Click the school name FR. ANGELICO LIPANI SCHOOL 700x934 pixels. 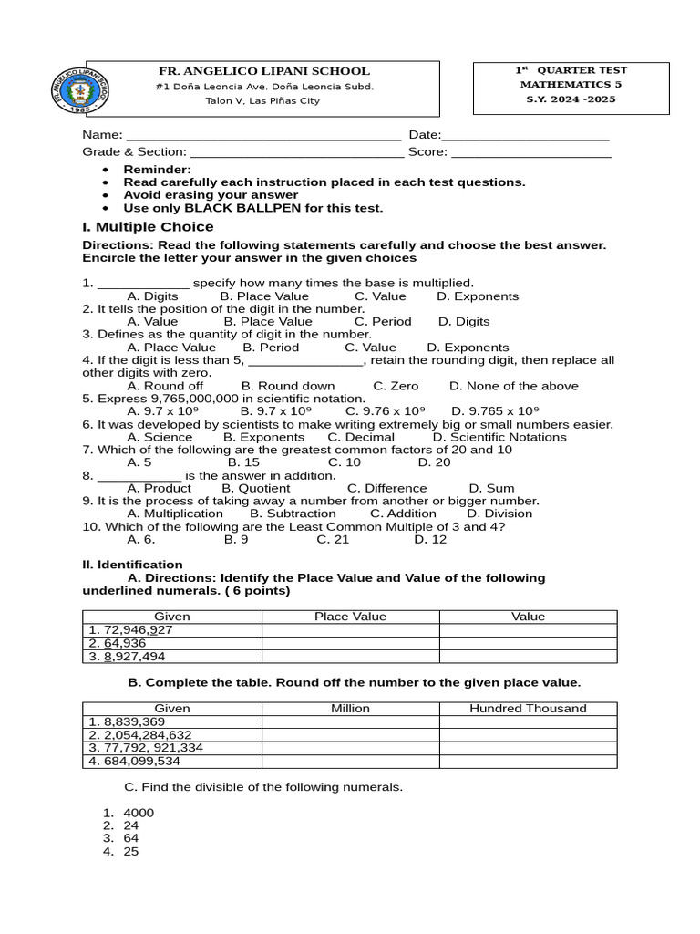coord(264,71)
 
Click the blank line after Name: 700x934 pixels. coord(263,137)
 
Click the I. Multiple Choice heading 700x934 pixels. coord(148,227)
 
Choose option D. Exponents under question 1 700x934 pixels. coord(478,296)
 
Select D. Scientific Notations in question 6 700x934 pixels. coord(499,437)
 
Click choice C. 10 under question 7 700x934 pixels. coord(345,462)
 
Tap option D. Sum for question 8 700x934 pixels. coord(491,488)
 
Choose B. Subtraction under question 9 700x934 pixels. coord(293,514)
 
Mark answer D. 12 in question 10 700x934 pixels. coord(430,539)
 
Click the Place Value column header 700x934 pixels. coord(350,617)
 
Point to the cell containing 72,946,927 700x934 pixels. coord(130,630)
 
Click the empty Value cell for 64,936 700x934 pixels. coord(528,643)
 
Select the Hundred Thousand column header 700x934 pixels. coord(528,709)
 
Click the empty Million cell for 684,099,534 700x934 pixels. coord(350,761)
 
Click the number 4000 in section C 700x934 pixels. coord(139,813)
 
